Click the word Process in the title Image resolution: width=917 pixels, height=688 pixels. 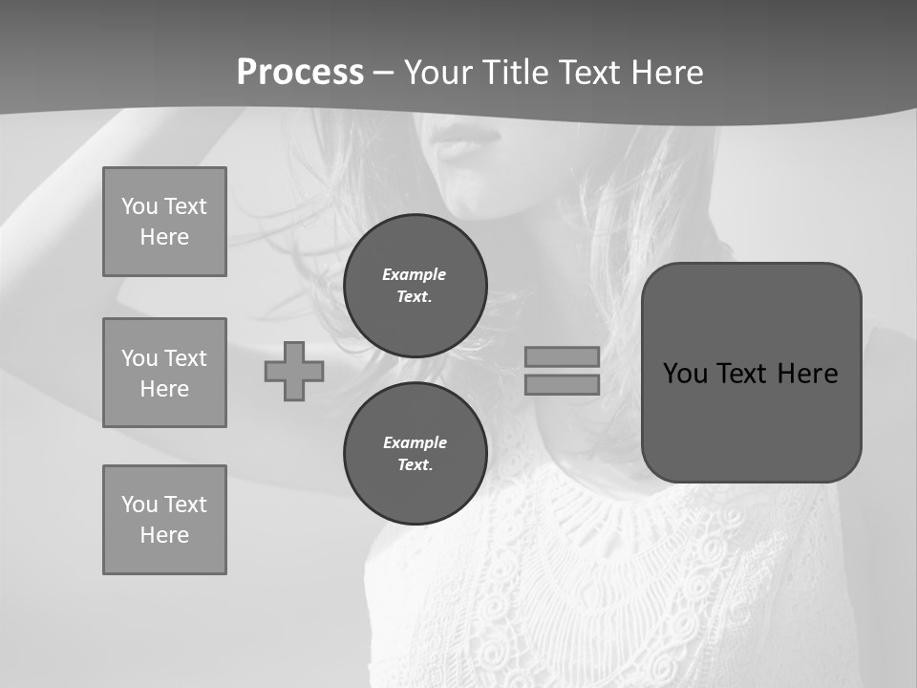[300, 73]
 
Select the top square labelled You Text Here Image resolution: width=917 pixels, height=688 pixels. [164, 222]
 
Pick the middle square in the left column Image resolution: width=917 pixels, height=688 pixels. [164, 373]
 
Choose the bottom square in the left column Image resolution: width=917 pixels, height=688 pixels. [164, 520]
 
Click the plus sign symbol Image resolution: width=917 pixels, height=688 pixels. [294, 371]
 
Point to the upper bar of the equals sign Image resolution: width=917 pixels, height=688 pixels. [562, 356]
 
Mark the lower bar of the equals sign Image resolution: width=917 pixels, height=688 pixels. [562, 384]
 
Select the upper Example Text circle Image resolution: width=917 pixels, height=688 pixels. [415, 285]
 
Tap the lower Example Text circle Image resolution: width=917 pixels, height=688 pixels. [415, 453]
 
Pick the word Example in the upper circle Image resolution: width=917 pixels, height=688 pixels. [414, 274]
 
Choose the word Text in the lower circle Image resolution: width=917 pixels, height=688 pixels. [414, 465]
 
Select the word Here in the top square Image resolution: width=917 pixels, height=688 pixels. [164, 237]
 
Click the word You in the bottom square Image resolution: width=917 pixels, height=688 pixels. [139, 505]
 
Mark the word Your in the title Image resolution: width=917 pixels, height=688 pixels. [437, 73]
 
